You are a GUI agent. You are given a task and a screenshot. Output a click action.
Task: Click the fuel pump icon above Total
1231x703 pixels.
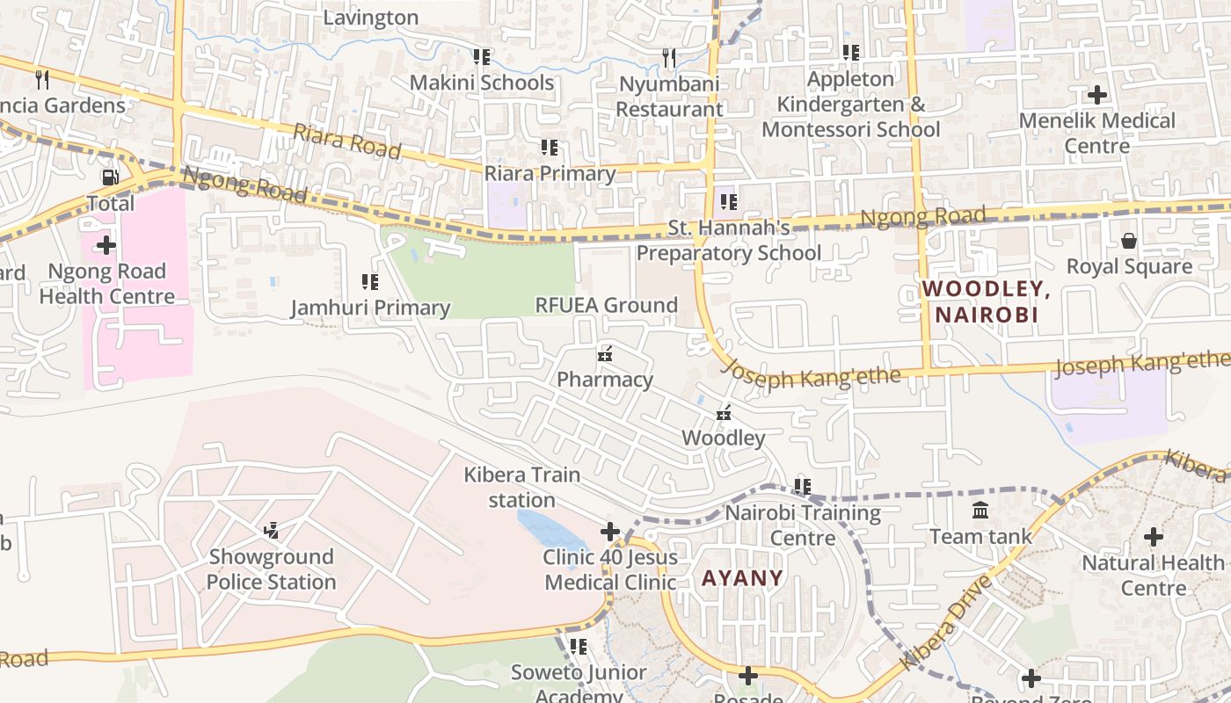coord(111,178)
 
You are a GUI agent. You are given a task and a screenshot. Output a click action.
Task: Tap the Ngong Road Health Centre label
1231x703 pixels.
coord(106,284)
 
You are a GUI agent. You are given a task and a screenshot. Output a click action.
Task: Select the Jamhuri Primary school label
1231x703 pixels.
coord(370,308)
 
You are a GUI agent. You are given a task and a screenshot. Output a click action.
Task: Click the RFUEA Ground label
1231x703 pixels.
coord(607,305)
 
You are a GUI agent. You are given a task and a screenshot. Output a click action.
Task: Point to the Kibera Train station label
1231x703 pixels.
coord(522,487)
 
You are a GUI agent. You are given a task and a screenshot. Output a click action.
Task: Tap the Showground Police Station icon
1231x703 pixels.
coord(272,530)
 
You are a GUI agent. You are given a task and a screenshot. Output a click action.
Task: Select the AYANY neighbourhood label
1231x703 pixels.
coord(742,577)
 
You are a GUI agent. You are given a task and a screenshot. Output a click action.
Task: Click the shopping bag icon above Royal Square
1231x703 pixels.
coord(1129,240)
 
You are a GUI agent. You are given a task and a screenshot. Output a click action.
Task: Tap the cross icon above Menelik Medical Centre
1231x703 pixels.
coord(1097,94)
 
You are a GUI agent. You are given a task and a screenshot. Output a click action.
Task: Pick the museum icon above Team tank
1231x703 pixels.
coord(980,510)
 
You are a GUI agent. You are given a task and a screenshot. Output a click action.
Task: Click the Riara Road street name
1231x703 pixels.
coord(346,141)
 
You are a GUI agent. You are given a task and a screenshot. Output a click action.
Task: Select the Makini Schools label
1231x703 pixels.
coord(482,83)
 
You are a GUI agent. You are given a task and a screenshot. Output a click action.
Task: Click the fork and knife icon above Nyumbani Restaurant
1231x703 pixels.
coord(669,58)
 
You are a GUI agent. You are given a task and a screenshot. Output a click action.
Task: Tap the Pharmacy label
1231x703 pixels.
coord(605,379)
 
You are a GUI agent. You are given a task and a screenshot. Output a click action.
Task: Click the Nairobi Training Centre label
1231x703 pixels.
coord(802,525)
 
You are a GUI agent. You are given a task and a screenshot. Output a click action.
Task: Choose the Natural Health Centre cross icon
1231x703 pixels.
coord(1154,536)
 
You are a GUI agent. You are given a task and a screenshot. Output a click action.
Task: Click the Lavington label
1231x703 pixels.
coord(371,18)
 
